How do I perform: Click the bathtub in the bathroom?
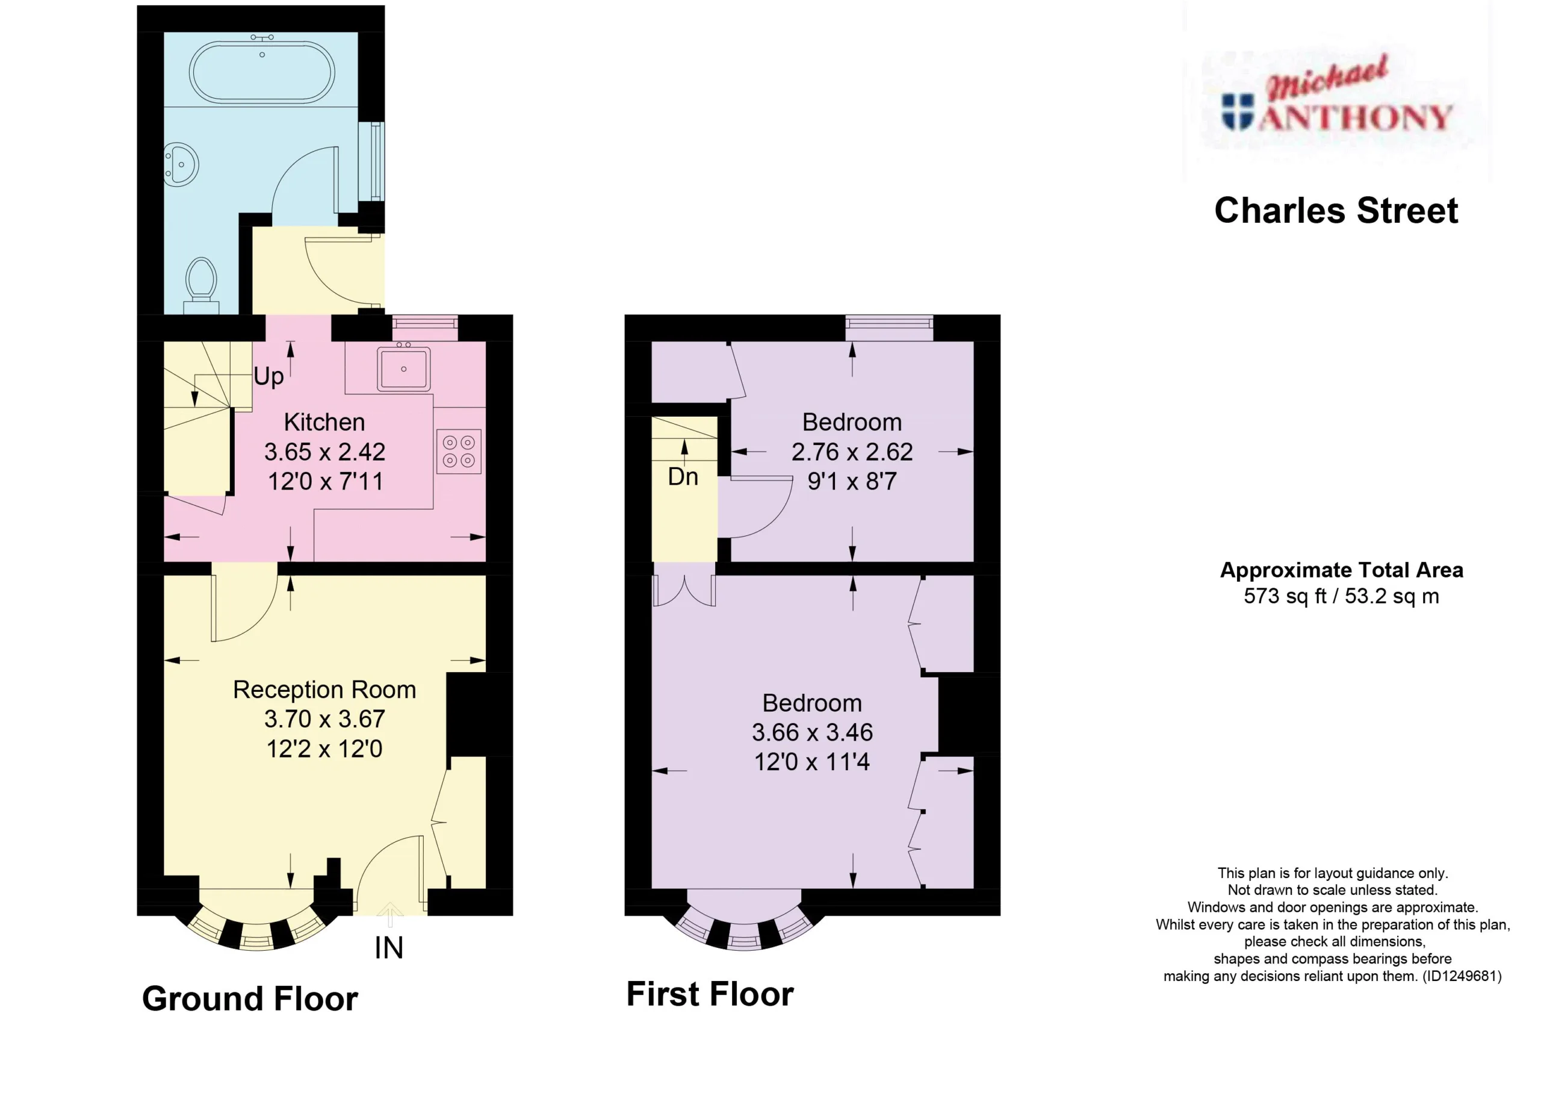point(262,72)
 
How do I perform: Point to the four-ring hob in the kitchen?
point(459,452)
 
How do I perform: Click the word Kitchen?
point(324,422)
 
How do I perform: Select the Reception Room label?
point(324,689)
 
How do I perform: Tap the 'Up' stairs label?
point(268,376)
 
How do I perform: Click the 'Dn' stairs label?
point(683,476)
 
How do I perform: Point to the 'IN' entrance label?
point(389,948)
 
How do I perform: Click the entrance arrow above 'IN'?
point(389,914)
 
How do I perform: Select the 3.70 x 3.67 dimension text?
point(324,718)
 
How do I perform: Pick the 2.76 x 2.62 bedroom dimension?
point(852,452)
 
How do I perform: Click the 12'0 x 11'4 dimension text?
point(812,761)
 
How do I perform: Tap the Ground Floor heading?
point(250,999)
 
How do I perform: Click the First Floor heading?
point(710,994)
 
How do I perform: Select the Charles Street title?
point(1336,211)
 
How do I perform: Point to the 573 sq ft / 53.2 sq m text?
point(1341,596)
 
